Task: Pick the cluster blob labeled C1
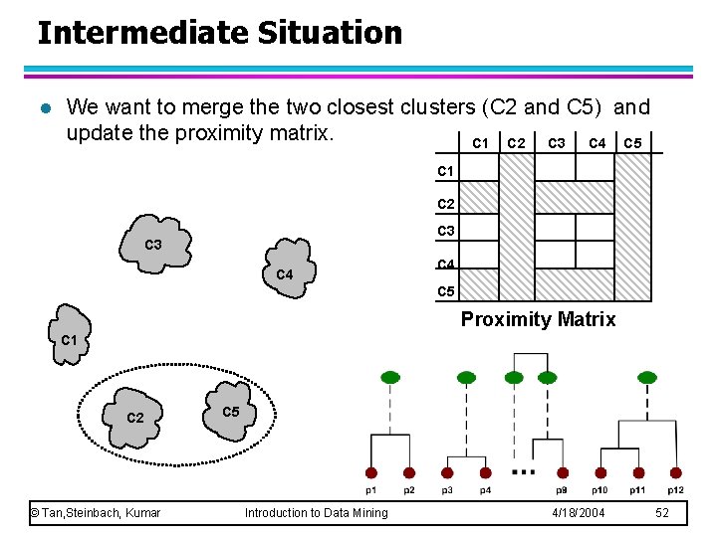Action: [x=69, y=335]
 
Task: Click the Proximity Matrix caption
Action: [x=538, y=319]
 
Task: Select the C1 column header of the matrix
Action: [x=480, y=143]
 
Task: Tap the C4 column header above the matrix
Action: [x=597, y=143]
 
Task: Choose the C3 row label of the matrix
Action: [x=446, y=232]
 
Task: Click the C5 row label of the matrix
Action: [x=446, y=291]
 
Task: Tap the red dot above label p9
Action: [x=563, y=473]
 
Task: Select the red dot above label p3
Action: [x=447, y=473]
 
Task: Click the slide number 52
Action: [x=663, y=512]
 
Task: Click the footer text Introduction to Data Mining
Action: [x=317, y=512]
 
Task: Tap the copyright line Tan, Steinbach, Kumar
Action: [x=96, y=512]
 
